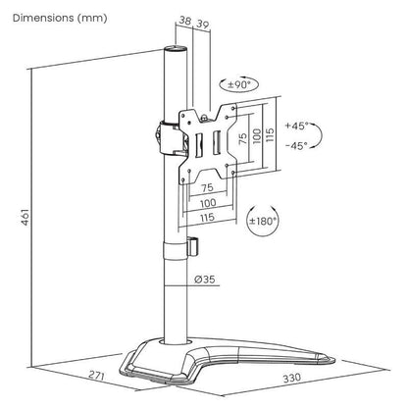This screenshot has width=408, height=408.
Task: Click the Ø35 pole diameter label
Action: [205, 280]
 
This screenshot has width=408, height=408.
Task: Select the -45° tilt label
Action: [296, 144]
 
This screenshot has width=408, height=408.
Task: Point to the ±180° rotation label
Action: [263, 221]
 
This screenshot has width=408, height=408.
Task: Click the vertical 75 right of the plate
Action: [244, 135]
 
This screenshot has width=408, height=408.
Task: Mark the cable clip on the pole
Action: [192, 245]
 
